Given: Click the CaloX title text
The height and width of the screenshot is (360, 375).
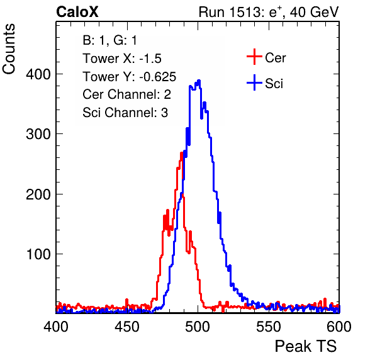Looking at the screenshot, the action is coord(77,12).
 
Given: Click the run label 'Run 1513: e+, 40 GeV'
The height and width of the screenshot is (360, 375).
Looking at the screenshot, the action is coord(269,12).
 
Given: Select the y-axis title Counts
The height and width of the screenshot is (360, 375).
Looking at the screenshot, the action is coord(9,49).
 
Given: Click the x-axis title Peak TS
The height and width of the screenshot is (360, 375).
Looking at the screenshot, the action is coord(306,346).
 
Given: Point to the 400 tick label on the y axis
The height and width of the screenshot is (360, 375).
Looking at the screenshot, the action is coord(38,74).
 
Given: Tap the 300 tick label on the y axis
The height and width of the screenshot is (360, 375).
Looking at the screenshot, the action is coord(38,134).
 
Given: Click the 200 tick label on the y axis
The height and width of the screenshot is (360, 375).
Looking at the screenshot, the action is coord(38,194).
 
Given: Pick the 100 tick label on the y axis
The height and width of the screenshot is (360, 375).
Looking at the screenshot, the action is coord(38,254).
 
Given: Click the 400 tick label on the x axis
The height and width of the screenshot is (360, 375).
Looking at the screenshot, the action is coord(56,326).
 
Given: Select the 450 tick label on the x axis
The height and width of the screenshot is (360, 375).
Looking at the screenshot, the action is coord(126,326).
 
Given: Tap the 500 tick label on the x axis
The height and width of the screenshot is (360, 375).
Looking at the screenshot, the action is coord(198,326).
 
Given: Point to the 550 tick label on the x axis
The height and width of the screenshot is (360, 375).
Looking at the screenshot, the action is coord(268,326).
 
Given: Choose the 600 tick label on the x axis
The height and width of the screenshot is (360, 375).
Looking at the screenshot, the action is coord(339,326).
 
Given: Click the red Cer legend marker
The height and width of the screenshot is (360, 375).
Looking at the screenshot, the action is coord(254,57).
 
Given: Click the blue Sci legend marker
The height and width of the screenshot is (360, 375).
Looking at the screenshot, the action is coord(254,83).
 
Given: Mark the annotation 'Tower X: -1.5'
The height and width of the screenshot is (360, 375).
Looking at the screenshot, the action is coord(122,59).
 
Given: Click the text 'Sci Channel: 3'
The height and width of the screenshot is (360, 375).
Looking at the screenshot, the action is coord(125,113).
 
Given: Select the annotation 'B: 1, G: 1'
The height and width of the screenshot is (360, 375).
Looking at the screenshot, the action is coord(109,40).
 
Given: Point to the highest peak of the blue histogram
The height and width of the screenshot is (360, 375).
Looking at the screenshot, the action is coord(199,81).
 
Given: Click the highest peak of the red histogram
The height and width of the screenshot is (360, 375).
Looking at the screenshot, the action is coord(181,154).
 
